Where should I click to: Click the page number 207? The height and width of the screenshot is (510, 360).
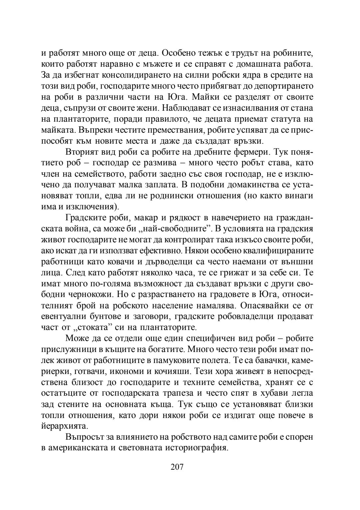[x=177, y=467]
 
